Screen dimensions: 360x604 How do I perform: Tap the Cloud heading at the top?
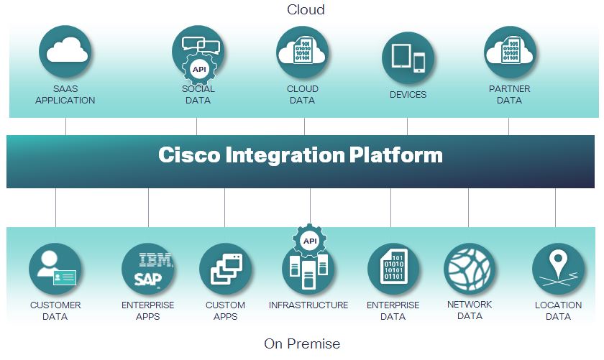(306, 9)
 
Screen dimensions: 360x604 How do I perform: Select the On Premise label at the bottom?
(302, 343)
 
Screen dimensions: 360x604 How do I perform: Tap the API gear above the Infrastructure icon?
(310, 241)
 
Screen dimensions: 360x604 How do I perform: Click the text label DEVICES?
(408, 95)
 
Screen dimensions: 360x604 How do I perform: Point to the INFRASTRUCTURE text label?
(308, 305)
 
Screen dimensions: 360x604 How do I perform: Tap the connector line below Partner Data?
(509, 126)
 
